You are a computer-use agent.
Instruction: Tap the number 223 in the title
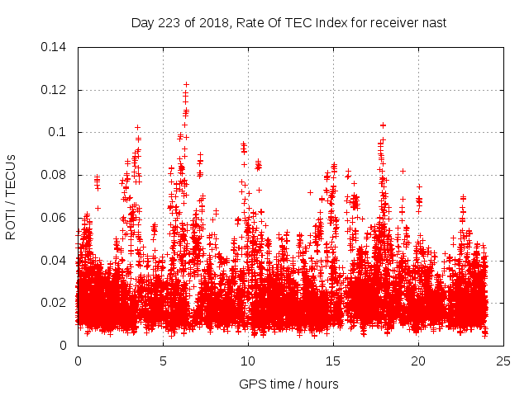[169, 22]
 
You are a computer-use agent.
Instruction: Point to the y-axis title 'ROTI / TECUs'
[12, 196]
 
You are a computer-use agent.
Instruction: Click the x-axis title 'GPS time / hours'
[288, 384]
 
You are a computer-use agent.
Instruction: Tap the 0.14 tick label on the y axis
[55, 47]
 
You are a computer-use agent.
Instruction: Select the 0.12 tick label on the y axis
[55, 90]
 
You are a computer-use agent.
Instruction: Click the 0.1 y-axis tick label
[59, 132]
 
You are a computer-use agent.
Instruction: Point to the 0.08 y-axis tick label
[55, 175]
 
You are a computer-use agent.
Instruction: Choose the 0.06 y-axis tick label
[55, 218]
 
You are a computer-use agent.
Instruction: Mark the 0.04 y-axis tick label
[55, 261]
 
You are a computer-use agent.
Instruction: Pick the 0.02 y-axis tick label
[55, 303]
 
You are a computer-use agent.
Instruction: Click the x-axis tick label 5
[163, 361]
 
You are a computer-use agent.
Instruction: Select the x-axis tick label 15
[333, 361]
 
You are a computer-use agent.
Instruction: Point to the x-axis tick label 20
[418, 361]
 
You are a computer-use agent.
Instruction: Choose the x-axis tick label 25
[503, 361]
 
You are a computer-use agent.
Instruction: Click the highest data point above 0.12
[186, 83]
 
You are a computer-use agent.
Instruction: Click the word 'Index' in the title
[326, 22]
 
